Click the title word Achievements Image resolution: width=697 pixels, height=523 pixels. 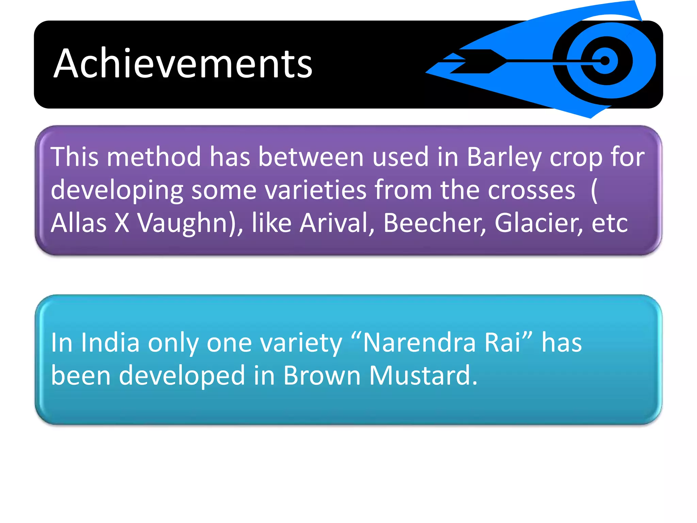point(183,64)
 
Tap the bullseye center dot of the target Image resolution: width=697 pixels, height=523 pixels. point(605,61)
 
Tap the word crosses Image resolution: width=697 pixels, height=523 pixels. point(531,190)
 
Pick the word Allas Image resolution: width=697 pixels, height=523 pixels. point(79,223)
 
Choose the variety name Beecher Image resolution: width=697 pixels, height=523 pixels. point(433,223)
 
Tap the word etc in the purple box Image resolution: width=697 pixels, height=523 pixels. point(610,223)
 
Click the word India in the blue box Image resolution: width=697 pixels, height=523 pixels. point(110,343)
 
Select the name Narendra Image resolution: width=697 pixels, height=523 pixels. point(419,343)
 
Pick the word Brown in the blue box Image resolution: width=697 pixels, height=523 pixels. point(322,375)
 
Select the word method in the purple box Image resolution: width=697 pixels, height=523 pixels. point(154,157)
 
